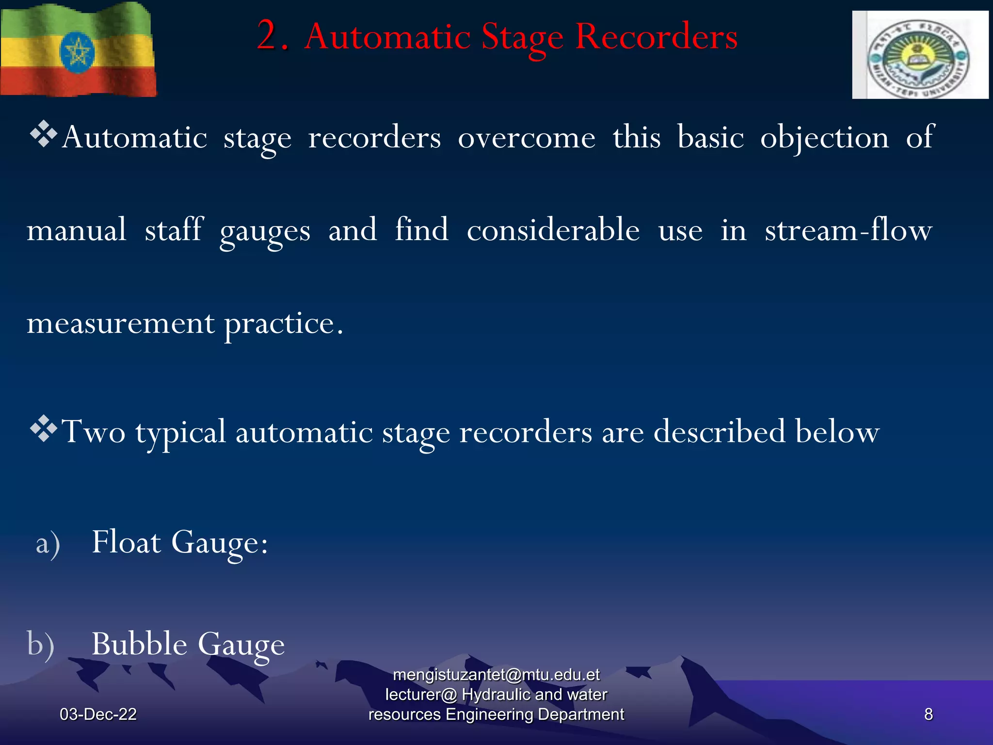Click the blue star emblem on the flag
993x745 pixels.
(x=77, y=52)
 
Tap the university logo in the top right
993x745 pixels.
(x=920, y=55)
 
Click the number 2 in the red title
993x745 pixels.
(x=268, y=36)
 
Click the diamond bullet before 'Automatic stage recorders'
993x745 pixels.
(x=44, y=133)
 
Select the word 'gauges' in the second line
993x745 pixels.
(x=265, y=231)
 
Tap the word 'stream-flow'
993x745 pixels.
(x=849, y=230)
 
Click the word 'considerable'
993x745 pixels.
(x=553, y=230)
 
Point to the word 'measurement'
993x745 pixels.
(x=120, y=324)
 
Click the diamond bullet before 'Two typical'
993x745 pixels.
(x=44, y=428)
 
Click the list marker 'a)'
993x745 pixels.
(x=48, y=543)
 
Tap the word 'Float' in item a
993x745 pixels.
(x=126, y=542)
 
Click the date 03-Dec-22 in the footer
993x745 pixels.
(x=98, y=714)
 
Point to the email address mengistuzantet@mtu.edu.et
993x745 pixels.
(x=496, y=675)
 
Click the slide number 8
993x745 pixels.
(x=928, y=714)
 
